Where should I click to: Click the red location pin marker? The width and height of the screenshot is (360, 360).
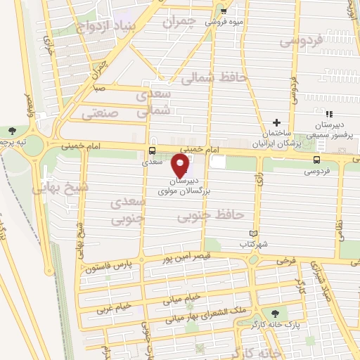tap(181, 166)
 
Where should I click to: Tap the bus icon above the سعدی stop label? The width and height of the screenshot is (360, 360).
tap(152, 151)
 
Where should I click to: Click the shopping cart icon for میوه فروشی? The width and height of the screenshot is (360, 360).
tap(223, 11)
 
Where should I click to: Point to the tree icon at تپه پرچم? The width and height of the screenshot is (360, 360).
tap(12, 130)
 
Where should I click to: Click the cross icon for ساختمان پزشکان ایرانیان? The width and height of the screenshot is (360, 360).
tap(276, 123)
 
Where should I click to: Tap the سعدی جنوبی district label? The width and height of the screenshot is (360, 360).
tap(128, 209)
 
